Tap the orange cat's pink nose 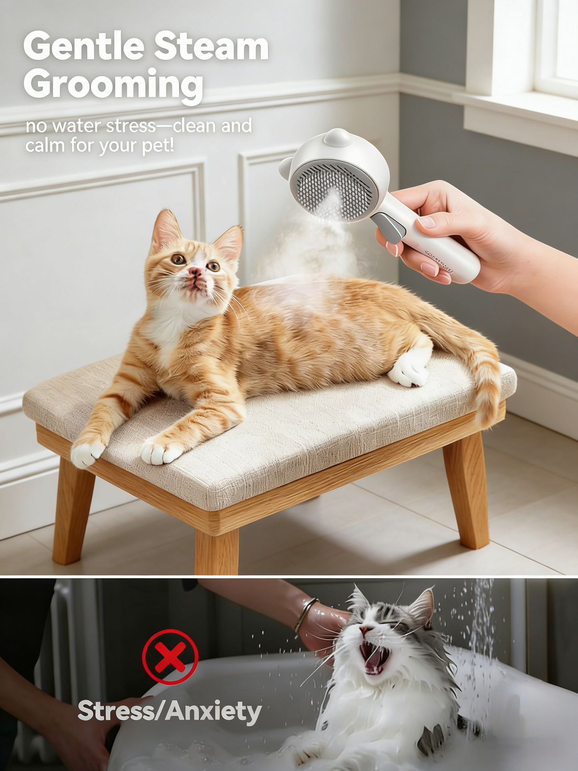(195, 272)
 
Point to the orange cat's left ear (165, 230)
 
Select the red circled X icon (170, 657)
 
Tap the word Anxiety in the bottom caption (214, 711)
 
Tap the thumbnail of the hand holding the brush (427, 222)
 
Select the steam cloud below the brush (312, 244)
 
